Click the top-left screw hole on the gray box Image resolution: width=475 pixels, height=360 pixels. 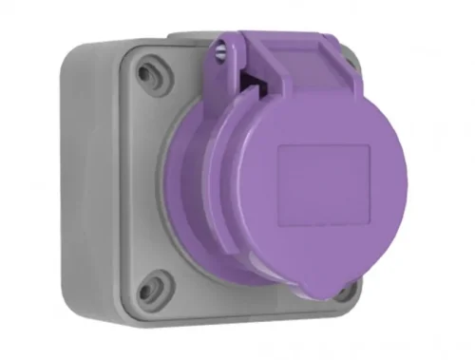pos(148,68)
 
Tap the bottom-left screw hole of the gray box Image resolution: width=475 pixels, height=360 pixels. pos(156,282)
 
